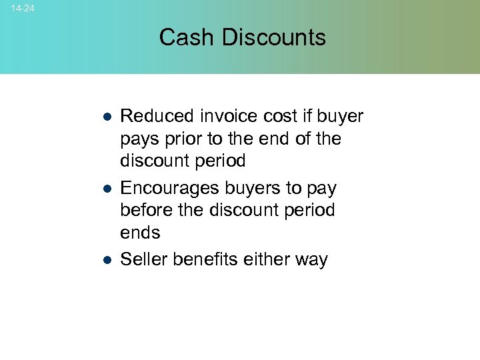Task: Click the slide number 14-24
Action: [x=23, y=9]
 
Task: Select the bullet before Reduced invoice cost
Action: [x=106, y=117]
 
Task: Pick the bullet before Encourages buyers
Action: [x=106, y=189]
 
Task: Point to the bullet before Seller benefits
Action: [x=106, y=260]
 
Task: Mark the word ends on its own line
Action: [x=140, y=233]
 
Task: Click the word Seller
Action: [x=144, y=260]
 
